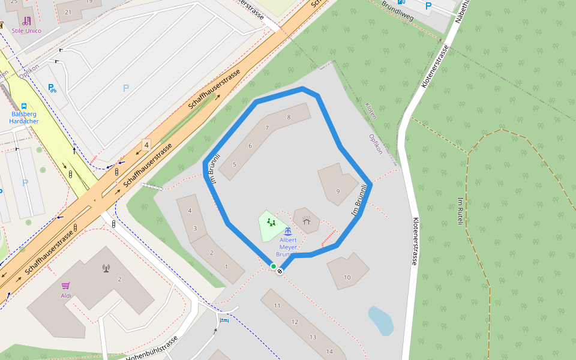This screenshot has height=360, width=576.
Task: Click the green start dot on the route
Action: pos(274,266)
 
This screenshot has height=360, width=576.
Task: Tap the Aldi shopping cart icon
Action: pos(66,286)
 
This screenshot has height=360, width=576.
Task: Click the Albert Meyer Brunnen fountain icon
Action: pos(288,231)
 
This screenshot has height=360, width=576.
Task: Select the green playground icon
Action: pos(271,223)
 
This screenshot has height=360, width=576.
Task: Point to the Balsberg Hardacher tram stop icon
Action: pos(24,106)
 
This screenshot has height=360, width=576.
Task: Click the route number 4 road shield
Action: pos(146,145)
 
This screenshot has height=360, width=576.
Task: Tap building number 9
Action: pos(338,191)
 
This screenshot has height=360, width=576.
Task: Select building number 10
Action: pos(347,277)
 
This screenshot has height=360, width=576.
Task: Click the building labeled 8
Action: pos(289,117)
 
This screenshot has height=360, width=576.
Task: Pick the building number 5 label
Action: pos(235,164)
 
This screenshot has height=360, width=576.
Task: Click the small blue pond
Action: pos(380,320)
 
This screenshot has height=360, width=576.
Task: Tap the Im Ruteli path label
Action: pos(461,211)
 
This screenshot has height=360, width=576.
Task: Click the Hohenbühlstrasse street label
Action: pos(152,348)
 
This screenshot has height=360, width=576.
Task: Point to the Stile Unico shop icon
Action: pos(26,21)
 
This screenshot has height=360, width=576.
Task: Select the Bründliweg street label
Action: pos(398,11)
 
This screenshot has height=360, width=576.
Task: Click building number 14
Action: pos(329,351)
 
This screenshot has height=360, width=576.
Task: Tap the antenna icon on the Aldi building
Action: pos(107,268)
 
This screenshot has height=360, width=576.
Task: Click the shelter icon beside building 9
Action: pos(307,222)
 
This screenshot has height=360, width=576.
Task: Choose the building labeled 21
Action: pos(68,12)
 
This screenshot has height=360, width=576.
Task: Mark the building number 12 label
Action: pos(295,322)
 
